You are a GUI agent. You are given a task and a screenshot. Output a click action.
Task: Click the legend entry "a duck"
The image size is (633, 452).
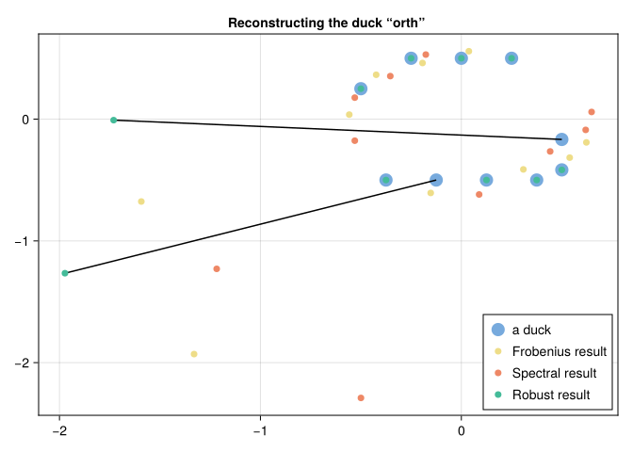(531, 331)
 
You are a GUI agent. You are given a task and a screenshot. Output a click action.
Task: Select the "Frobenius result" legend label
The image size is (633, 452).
(554, 352)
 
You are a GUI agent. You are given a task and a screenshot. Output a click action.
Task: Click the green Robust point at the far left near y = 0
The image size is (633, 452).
(113, 120)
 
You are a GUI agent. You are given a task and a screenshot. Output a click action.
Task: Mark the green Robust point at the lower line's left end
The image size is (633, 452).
(65, 273)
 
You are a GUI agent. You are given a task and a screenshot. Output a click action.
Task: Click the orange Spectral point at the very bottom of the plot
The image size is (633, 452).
(361, 398)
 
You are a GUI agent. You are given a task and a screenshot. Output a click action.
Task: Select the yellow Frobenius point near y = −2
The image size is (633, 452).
(194, 354)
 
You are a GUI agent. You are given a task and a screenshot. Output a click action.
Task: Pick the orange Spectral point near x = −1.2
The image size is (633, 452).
(217, 268)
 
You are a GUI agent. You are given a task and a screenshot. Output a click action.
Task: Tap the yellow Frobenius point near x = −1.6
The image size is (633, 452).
(141, 202)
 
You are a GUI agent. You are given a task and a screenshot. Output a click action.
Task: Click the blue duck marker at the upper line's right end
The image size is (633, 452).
(561, 139)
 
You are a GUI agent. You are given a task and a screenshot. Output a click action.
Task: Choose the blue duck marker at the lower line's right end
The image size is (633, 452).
(436, 180)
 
